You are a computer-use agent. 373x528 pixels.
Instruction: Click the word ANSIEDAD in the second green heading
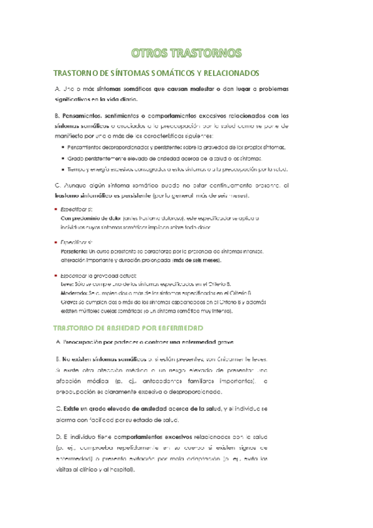128,328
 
